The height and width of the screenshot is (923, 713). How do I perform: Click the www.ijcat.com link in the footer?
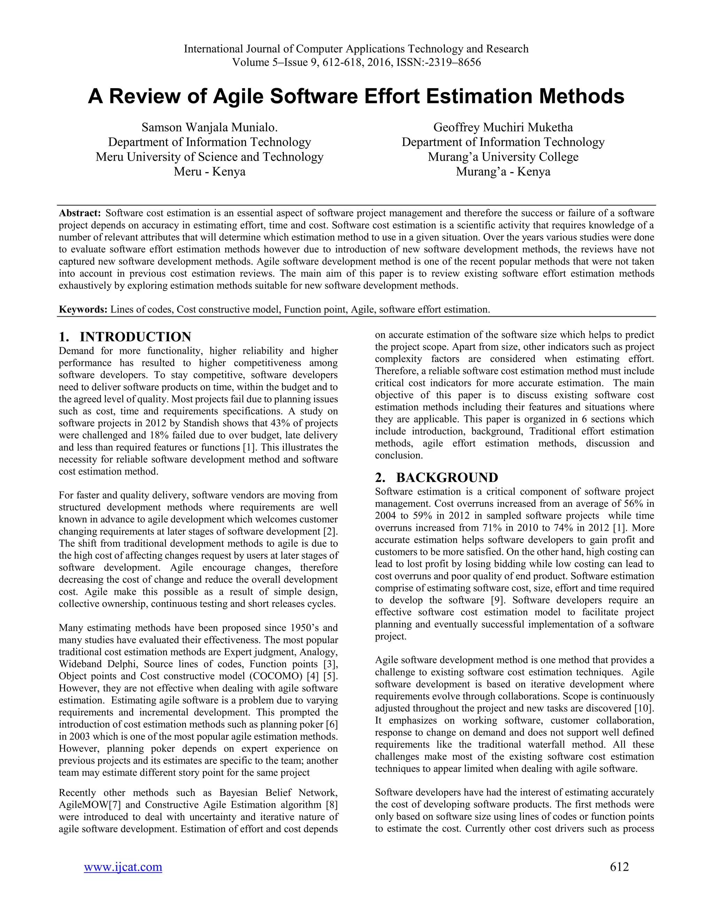(x=123, y=867)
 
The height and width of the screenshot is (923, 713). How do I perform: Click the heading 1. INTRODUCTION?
(x=125, y=337)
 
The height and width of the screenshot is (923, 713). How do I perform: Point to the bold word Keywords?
(x=83, y=309)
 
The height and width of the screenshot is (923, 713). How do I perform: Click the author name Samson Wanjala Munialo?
(x=210, y=127)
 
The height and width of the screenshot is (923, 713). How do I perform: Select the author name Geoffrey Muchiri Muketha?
(x=503, y=127)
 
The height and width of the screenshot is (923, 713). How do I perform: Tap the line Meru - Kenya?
(x=210, y=172)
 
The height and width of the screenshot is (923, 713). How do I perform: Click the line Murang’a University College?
(x=503, y=157)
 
